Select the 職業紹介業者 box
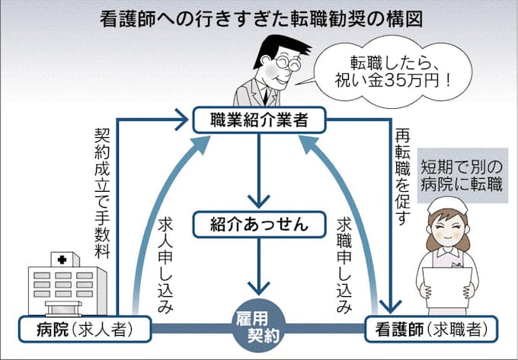click(260, 119)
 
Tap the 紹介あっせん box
click(260, 224)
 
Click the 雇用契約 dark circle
click(260, 327)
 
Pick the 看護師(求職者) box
click(431, 330)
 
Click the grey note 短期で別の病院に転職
click(465, 176)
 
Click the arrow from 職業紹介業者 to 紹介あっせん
click(260, 171)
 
